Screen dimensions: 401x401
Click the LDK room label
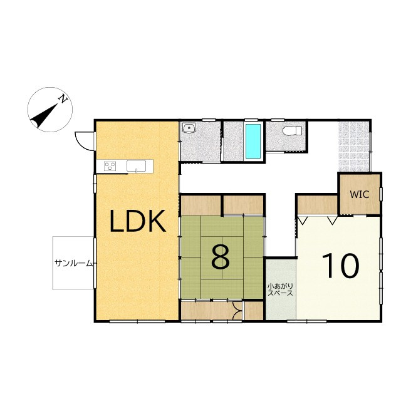[137, 221]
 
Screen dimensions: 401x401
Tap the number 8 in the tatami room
[221, 258]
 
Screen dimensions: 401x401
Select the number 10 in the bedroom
[340, 266]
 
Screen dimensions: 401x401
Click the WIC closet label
[360, 195]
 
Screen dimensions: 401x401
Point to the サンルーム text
[73, 263]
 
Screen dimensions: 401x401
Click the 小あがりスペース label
[280, 289]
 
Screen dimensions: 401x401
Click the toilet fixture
[293, 131]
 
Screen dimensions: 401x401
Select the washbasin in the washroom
[189, 128]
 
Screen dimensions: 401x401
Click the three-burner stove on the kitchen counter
[110, 166]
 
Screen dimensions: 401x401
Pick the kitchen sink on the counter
[137, 166]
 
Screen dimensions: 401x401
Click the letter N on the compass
[63, 98]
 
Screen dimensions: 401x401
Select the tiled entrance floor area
[354, 146]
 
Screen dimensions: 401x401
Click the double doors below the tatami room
[237, 311]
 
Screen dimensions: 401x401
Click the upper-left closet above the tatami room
[201, 206]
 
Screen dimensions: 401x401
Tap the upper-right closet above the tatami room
[244, 205]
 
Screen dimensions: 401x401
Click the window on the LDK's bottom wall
[137, 321]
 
